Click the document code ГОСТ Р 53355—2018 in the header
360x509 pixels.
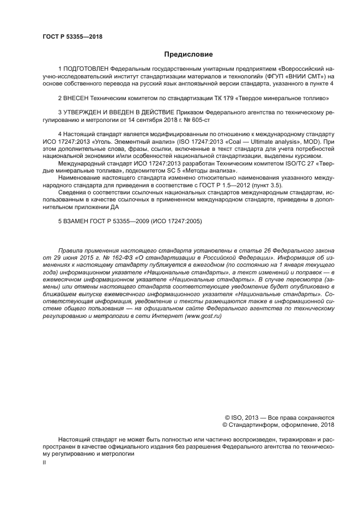[x=72, y=37]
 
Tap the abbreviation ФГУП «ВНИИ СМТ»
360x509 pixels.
[x=289, y=77]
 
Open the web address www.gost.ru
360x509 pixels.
[x=200, y=317]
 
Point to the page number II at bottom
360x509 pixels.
[x=44, y=462]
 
